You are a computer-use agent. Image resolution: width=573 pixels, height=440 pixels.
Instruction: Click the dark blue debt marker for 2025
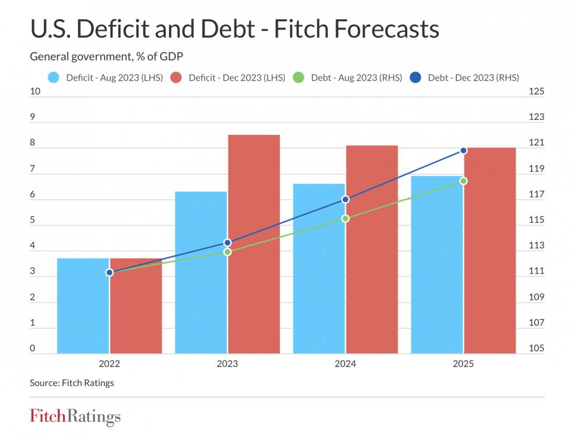[x=464, y=150]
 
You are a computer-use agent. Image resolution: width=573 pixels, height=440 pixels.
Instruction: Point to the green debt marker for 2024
[x=345, y=219]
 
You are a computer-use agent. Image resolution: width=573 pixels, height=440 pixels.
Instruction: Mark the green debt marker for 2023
[x=228, y=252]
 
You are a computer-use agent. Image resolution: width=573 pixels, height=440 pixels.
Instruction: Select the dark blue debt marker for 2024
[x=345, y=199]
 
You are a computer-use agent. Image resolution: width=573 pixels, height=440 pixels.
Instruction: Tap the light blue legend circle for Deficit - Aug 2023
[x=54, y=78]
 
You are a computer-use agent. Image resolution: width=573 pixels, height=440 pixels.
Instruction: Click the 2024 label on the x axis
[x=345, y=364]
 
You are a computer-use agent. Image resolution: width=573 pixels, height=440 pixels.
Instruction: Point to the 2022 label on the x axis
[x=109, y=364]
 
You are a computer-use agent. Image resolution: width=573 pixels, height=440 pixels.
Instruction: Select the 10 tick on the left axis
[x=36, y=92]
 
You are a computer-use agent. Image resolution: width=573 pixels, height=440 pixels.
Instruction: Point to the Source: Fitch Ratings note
[x=72, y=383]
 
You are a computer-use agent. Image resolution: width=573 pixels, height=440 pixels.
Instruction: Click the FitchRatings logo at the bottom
[x=75, y=417]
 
